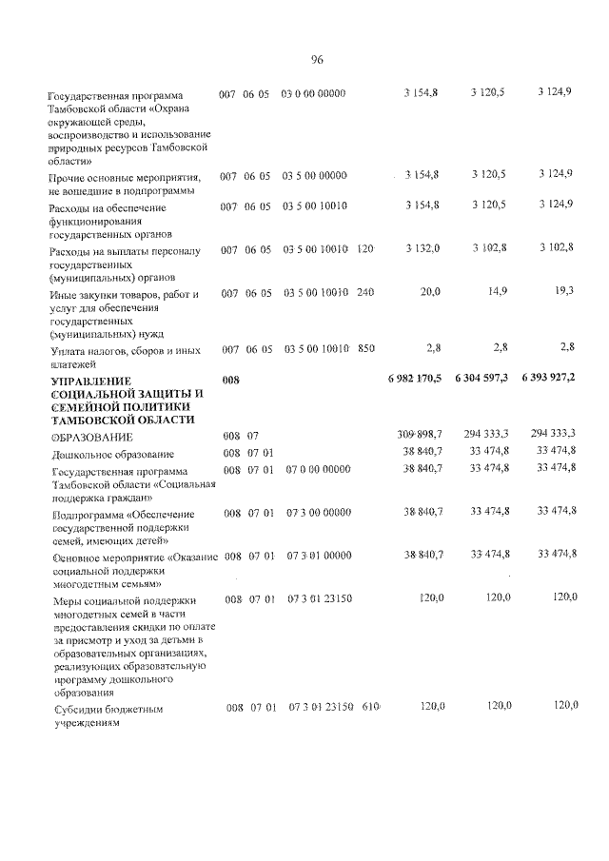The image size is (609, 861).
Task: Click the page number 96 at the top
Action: point(317,60)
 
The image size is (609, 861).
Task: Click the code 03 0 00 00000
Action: point(314,93)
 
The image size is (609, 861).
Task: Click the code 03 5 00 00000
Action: point(314,176)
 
